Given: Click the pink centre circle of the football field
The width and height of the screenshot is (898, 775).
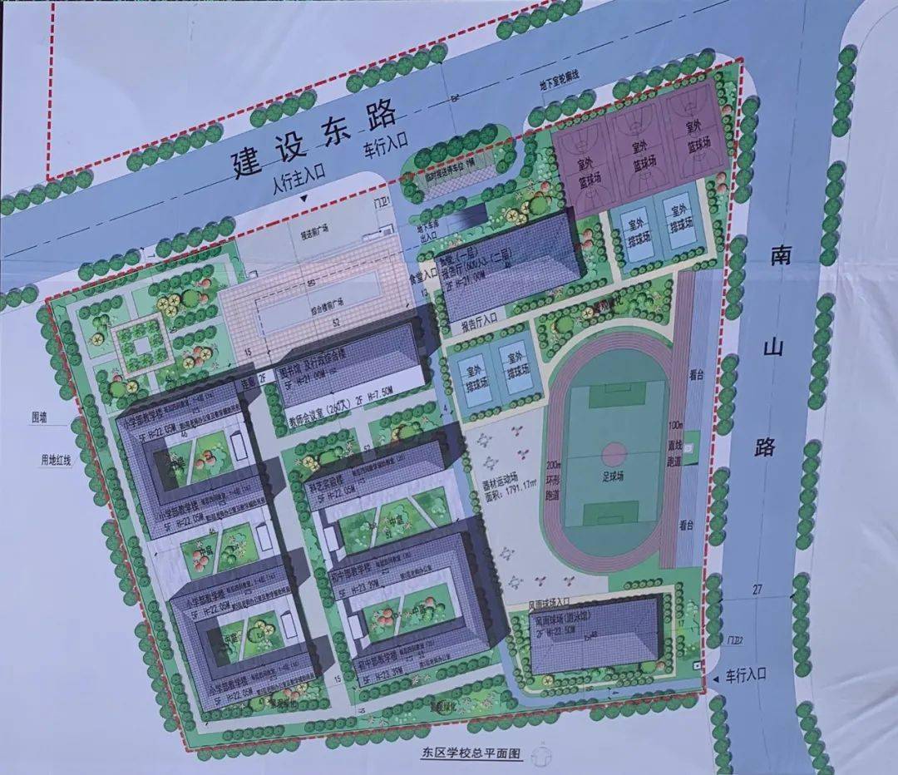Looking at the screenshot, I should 613,454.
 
